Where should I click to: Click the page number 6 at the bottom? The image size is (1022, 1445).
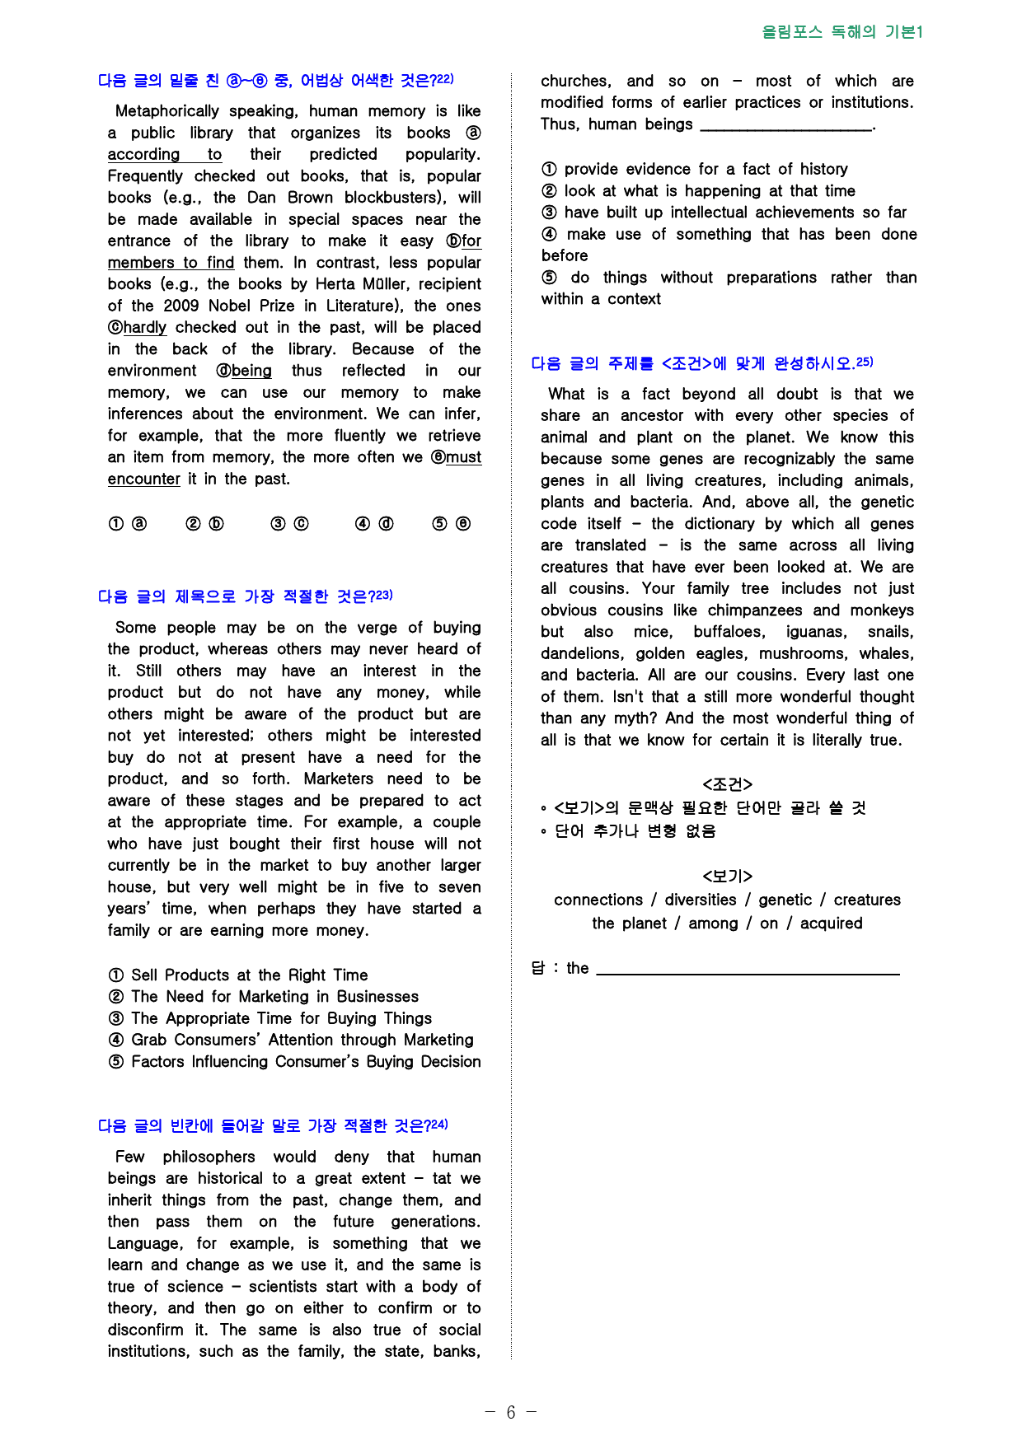point(510,1413)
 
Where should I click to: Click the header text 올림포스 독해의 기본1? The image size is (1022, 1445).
point(842,32)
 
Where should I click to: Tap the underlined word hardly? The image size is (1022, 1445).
point(144,328)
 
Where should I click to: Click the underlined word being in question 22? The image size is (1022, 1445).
point(251,371)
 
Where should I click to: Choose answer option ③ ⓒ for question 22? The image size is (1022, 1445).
point(289,524)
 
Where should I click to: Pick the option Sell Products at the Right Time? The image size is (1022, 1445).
point(249,975)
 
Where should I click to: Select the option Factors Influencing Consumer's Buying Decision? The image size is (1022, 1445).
point(305,1062)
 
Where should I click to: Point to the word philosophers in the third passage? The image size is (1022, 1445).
point(209,1157)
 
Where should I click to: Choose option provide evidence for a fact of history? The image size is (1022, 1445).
point(706,170)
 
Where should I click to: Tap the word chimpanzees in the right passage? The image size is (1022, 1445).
point(754,610)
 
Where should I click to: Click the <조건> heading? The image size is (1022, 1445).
point(727,784)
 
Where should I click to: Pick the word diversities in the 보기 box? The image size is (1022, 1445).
point(701,900)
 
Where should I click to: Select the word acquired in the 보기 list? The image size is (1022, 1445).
point(831,924)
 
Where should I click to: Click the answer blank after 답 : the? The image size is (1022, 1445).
point(747,969)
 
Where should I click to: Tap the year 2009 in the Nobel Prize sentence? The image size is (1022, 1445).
point(181,306)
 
